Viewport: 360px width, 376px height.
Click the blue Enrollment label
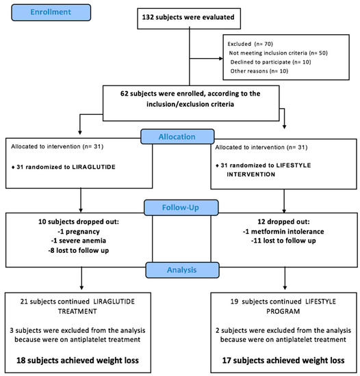[x=51, y=12]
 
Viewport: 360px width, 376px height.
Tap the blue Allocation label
[x=177, y=137]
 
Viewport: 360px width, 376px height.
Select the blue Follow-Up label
[x=181, y=207]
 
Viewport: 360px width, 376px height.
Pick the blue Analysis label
[x=182, y=270]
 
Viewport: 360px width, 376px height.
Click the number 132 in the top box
[x=148, y=17]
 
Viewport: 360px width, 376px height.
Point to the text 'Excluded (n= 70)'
[x=250, y=44]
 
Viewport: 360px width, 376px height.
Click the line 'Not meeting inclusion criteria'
[x=268, y=53]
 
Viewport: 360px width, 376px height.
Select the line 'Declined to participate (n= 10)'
[x=271, y=62]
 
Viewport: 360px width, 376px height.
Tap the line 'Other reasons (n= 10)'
[x=259, y=71]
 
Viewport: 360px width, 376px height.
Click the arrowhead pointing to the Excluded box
[x=221, y=58]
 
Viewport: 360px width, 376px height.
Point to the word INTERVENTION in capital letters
[x=251, y=174]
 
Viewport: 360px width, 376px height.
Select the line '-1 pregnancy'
[x=79, y=231]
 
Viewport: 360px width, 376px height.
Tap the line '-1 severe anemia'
[x=79, y=241]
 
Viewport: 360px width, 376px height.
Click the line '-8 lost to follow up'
[x=79, y=250]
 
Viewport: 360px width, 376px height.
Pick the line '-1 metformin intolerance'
[x=283, y=231]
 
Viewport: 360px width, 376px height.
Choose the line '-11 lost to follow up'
[x=283, y=241]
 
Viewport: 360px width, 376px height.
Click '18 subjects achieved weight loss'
[x=77, y=360]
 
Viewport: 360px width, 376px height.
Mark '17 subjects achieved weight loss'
[x=283, y=360]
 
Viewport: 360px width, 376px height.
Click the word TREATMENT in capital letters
[x=77, y=311]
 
